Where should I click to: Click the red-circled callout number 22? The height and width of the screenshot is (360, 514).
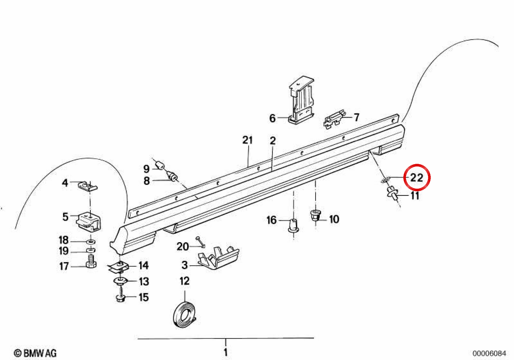(x=416, y=178)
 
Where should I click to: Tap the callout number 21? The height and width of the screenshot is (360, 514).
(x=248, y=140)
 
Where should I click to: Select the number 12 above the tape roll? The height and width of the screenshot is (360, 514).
(x=185, y=281)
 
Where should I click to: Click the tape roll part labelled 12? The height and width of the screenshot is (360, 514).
(x=184, y=315)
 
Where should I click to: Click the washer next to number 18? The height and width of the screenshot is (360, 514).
(x=91, y=242)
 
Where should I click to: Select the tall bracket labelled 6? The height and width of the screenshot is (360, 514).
(x=301, y=100)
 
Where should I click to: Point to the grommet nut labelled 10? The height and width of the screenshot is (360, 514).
(x=316, y=216)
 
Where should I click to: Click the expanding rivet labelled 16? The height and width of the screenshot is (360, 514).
(x=294, y=226)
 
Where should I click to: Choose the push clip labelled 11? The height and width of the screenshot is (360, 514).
(x=393, y=192)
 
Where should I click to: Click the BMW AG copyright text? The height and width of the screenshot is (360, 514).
(x=35, y=353)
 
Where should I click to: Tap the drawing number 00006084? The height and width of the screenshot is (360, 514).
(x=489, y=353)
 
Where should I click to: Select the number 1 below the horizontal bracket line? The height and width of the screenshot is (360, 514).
(x=226, y=352)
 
